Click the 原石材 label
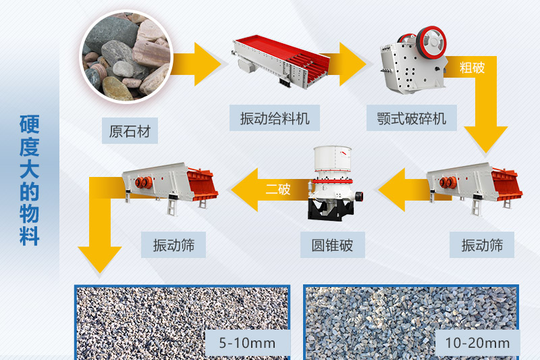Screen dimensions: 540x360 coord(130,130)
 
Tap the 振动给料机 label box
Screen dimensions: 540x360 coord(275,118)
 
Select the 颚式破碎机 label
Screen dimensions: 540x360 coord(412,118)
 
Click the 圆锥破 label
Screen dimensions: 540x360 coord(332,245)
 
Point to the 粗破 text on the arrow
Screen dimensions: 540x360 coord(472,67)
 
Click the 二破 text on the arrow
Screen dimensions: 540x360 coord(278,189)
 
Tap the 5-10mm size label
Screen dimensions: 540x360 coord(248,343)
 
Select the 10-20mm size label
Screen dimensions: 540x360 coord(477,343)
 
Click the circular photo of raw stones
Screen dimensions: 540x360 coord(126,57)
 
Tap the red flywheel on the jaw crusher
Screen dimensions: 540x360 coord(431,42)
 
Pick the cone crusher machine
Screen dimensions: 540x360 coord(333,183)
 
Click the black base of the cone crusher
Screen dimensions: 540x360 coord(331,209)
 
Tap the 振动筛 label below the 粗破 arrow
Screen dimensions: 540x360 coord(482,245)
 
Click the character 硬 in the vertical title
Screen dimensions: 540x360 coord(29,124)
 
